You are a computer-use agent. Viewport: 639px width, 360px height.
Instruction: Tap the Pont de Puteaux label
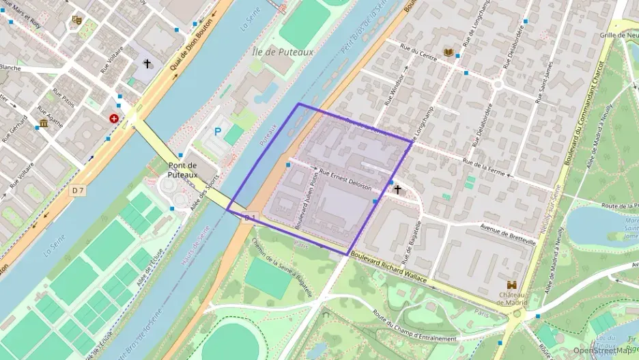182,169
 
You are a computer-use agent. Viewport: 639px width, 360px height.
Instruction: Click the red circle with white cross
113,118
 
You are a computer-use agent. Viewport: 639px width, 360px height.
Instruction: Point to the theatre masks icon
76,20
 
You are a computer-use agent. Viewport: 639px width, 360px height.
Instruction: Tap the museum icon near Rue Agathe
44,123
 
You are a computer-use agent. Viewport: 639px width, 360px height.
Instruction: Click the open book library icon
448,52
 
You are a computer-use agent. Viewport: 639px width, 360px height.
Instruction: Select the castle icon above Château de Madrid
511,285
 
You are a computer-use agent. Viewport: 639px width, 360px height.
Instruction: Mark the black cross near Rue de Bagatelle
397,189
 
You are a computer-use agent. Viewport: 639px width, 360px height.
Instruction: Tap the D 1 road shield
250,217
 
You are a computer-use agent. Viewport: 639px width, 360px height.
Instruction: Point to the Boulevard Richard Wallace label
388,268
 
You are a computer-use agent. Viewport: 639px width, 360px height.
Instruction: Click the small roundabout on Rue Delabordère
497,83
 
